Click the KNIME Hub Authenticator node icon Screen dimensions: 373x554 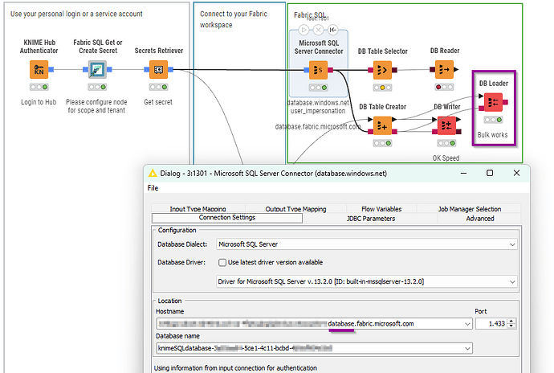tap(39, 69)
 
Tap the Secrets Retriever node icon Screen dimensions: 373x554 tap(158, 69)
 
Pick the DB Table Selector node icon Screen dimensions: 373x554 tap(383, 70)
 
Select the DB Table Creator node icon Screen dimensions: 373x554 tap(382, 125)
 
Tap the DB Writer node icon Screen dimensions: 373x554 tap(446, 125)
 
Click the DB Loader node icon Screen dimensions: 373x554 tap(492, 101)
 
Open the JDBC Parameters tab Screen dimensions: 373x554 tap(370, 218)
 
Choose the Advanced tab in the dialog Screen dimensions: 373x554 tap(480, 218)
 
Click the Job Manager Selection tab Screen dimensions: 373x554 tap(470, 209)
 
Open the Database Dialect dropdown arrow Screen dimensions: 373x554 tap(512, 244)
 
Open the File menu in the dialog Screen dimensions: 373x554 tap(153, 188)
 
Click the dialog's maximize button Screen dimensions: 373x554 tap(490, 173)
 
